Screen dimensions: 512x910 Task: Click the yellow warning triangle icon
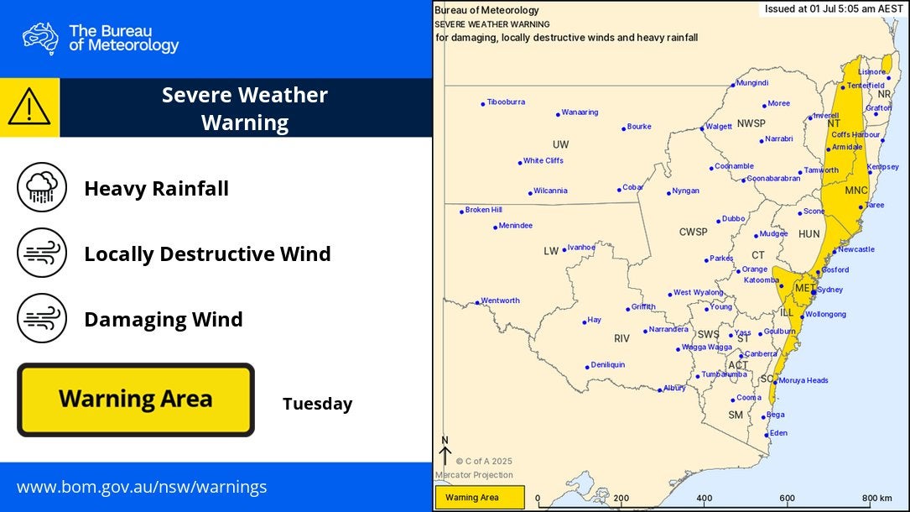(x=29, y=107)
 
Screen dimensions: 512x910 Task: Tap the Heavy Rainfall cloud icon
(x=42, y=187)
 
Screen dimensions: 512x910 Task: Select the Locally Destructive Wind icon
(x=42, y=253)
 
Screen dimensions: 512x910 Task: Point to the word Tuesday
(x=317, y=404)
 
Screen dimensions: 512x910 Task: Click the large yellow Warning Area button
(x=135, y=400)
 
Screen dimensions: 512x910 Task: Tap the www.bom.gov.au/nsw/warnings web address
(x=142, y=487)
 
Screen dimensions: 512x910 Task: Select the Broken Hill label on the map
(x=483, y=210)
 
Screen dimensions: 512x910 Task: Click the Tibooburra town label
(x=506, y=102)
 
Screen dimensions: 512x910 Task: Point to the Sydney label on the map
(x=829, y=290)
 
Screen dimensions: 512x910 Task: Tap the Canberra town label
(x=761, y=354)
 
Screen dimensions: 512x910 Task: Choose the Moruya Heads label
(x=803, y=380)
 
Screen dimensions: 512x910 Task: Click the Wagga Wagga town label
(x=706, y=347)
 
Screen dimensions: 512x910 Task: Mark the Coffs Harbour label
(x=855, y=134)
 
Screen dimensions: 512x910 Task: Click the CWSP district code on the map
(x=693, y=232)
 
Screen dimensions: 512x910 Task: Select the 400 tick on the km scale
(x=704, y=498)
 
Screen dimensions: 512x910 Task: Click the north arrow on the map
(x=445, y=451)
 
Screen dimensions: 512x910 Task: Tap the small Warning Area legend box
(x=480, y=498)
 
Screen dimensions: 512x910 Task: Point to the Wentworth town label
(x=500, y=300)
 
